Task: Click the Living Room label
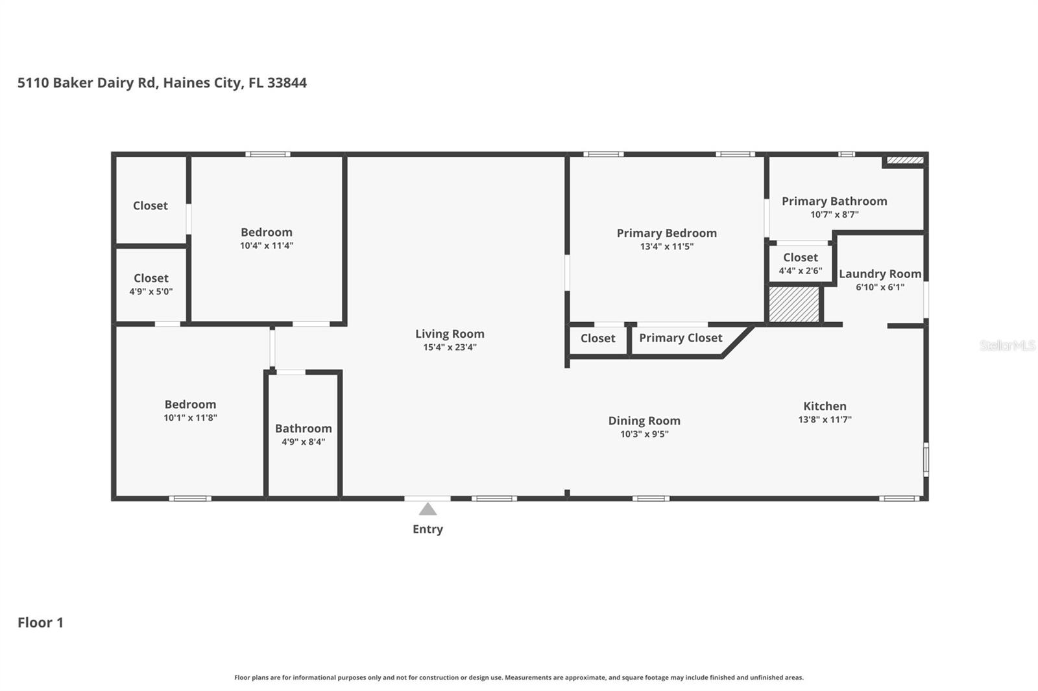coord(450,333)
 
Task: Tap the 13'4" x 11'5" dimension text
coord(666,246)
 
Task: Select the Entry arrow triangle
coord(428,509)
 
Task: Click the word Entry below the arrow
coord(428,529)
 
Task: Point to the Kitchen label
coord(825,406)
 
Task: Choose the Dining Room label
coord(644,421)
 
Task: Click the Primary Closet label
coord(681,338)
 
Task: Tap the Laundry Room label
coord(880,274)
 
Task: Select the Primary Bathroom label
coord(834,201)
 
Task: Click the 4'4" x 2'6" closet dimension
coord(801,270)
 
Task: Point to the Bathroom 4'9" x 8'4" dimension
coord(303,442)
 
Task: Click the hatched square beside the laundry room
coord(794,304)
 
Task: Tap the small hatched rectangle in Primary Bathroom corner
coord(905,160)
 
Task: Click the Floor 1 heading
coord(40,622)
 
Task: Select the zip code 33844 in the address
coord(287,82)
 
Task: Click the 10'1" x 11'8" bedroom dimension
coord(190,417)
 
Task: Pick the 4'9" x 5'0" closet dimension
coord(151,291)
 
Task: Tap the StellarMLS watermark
coord(1008,345)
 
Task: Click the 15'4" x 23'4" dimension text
coord(450,347)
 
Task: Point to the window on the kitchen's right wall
coord(926,459)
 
